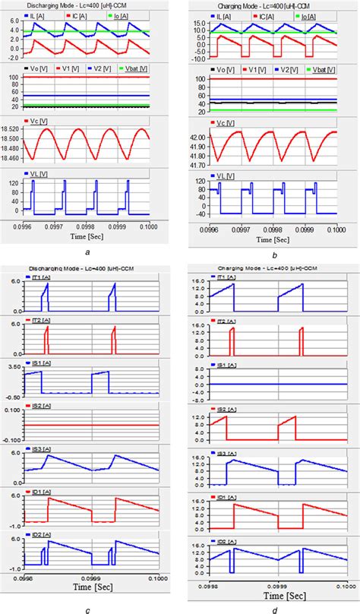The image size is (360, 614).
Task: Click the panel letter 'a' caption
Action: [90, 250]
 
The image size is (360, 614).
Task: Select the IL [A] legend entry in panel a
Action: [40, 14]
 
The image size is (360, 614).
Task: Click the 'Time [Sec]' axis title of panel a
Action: [90, 236]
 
